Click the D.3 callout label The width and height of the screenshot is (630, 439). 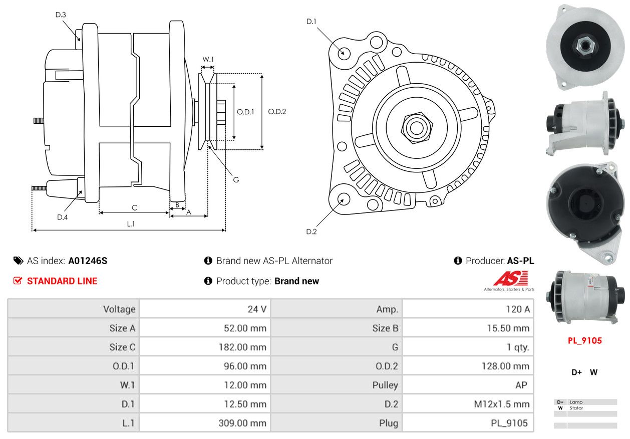click(61, 15)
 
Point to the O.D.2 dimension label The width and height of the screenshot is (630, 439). click(276, 111)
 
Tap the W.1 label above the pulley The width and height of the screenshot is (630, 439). click(208, 59)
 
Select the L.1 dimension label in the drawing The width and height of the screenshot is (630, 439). click(131, 224)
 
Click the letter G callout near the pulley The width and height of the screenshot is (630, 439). click(236, 179)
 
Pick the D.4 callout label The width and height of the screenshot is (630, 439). click(62, 217)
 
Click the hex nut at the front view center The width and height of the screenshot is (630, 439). click(416, 127)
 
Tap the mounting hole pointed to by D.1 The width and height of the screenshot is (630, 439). click(344, 53)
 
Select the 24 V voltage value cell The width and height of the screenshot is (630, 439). click(257, 309)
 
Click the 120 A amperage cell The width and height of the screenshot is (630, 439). click(517, 309)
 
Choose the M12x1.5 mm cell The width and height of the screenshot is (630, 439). click(501, 404)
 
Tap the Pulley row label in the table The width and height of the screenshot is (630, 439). click(385, 385)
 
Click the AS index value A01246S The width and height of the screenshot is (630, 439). click(88, 261)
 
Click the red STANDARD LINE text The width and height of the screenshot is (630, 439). click(62, 281)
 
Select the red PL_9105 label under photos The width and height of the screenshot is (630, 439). click(584, 341)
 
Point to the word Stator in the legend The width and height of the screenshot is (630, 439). click(576, 408)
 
